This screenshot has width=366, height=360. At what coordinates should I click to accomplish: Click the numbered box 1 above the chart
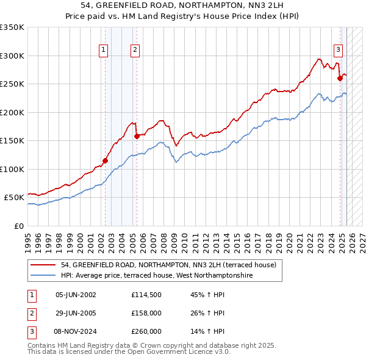point(103,51)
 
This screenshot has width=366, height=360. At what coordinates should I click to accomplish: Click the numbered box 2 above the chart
point(135,51)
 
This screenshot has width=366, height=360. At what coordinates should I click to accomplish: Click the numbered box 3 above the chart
point(337,51)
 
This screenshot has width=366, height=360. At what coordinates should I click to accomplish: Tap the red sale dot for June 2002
point(105,161)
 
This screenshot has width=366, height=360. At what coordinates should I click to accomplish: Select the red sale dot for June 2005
point(137,136)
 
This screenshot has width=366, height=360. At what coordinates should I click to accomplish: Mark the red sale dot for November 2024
point(340,78)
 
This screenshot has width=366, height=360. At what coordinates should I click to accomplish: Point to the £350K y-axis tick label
point(12,27)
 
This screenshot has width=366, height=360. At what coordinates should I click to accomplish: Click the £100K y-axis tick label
point(12,169)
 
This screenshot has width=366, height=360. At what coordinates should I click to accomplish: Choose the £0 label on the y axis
point(18,226)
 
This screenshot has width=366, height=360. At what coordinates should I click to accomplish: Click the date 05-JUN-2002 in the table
point(76,295)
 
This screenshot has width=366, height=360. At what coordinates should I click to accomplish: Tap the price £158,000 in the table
point(146,313)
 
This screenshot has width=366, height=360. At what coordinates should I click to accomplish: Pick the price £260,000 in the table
point(146,331)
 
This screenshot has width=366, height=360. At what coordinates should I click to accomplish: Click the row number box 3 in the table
point(30,331)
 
